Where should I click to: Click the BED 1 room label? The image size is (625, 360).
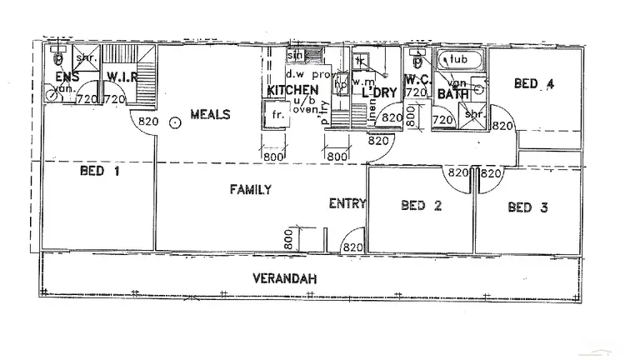98,172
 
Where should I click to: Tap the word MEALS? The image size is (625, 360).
209,114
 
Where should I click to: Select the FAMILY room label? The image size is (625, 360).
251,190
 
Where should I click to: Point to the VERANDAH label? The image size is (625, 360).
286,278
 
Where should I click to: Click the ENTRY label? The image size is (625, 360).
344,203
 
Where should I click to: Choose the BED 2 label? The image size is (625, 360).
422,206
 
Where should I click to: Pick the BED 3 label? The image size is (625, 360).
527,207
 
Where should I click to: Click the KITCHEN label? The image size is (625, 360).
292,90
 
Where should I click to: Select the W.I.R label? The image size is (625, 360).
122,77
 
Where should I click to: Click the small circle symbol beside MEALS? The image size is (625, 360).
174,122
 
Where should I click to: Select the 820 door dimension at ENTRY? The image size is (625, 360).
352,247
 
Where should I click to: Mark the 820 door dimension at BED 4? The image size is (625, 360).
502,126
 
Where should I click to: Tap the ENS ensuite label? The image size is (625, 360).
67,77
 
